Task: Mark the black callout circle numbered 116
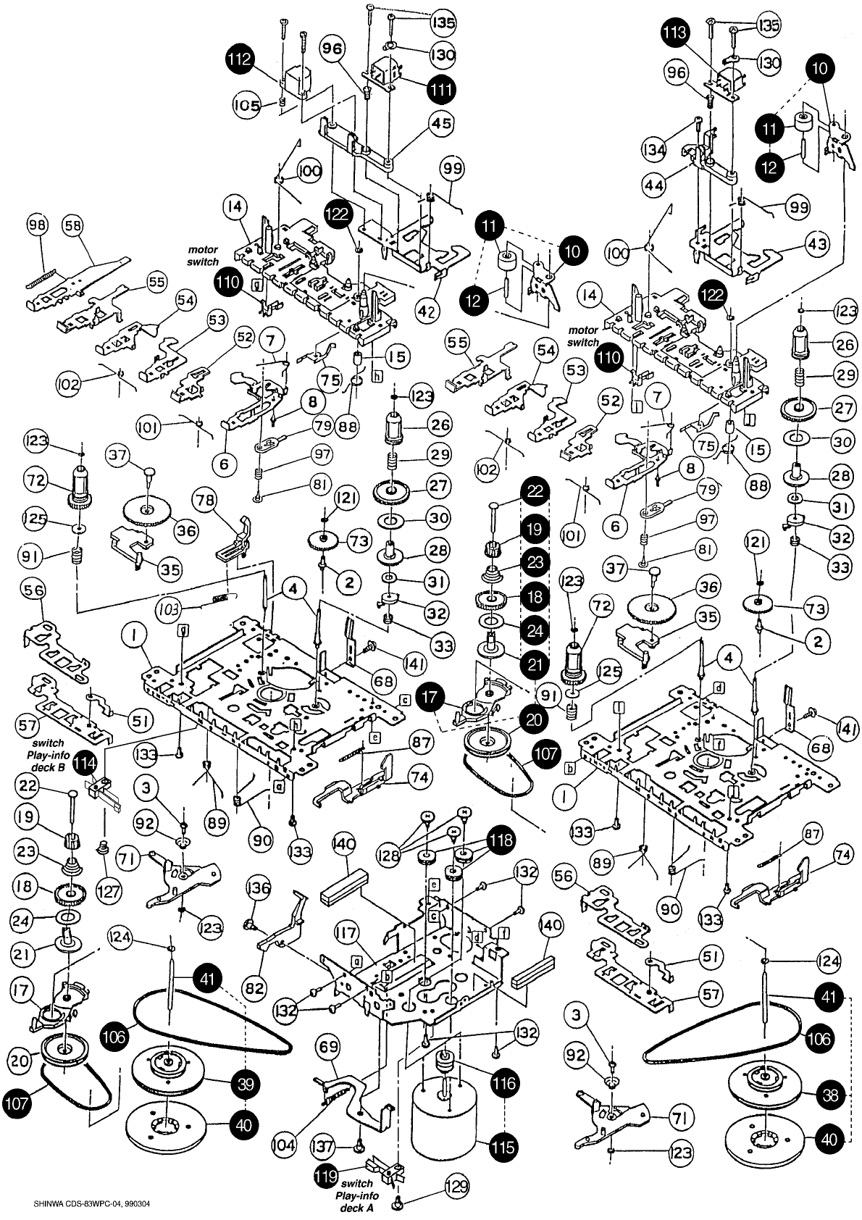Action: click(x=504, y=1082)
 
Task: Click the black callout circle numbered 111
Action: click(x=441, y=90)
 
